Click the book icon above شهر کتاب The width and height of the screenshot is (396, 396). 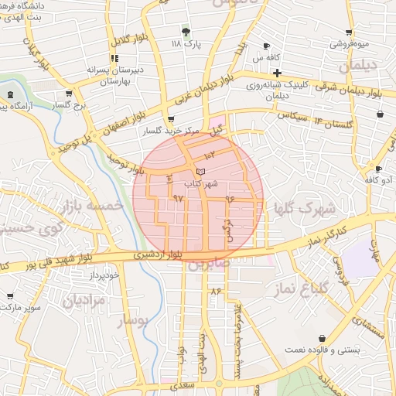click(x=201, y=170)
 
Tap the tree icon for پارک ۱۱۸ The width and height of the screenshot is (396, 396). click(x=186, y=32)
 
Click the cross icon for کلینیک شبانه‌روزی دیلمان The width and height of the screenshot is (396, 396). click(x=277, y=72)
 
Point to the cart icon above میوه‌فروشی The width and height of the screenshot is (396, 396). click(x=350, y=32)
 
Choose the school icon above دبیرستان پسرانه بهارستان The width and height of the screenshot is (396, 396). click(x=114, y=57)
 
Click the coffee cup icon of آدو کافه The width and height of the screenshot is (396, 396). click(x=377, y=169)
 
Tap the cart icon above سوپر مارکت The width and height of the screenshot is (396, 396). click(x=10, y=295)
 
